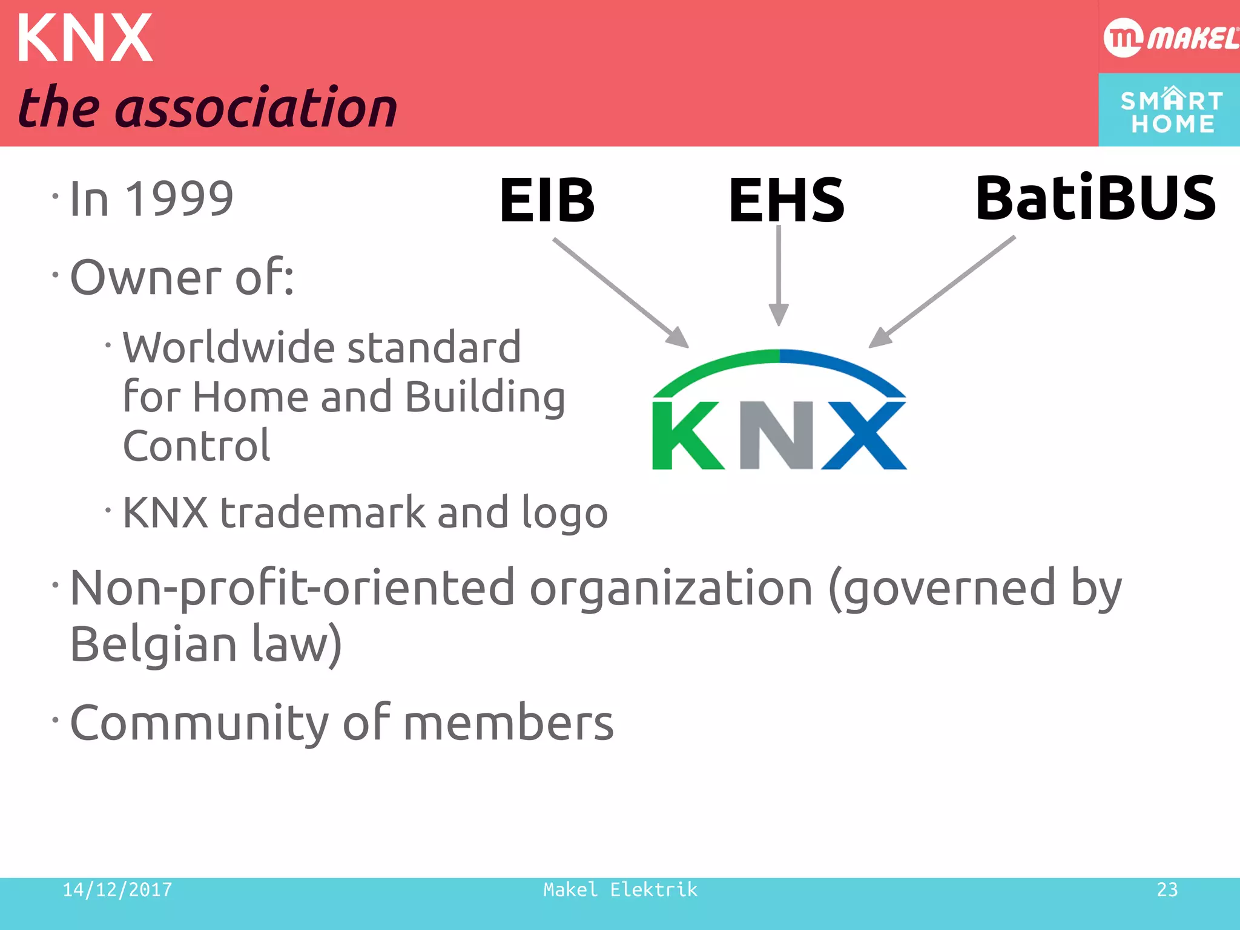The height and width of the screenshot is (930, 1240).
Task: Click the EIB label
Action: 547,200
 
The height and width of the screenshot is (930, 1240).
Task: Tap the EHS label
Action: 786,200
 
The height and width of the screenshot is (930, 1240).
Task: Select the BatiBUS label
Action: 1095,198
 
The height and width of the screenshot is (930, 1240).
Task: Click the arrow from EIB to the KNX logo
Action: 621,292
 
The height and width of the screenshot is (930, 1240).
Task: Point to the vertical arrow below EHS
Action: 779,275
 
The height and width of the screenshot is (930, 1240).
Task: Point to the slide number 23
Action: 1167,889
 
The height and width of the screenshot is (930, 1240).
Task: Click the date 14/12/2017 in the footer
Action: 117,889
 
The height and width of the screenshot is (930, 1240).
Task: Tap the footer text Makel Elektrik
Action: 620,889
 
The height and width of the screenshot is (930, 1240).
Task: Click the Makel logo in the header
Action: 1170,38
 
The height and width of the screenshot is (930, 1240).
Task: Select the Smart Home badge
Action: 1170,111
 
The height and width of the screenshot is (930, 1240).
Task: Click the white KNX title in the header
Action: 85,39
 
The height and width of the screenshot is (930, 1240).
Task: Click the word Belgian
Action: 153,644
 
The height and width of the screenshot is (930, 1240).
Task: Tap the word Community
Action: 199,723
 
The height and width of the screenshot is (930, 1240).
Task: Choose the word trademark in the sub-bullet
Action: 322,513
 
